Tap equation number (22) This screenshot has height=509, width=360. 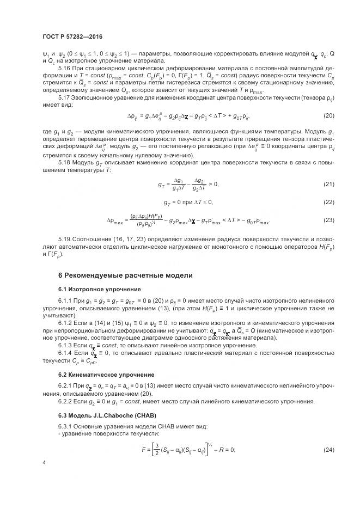tap(328, 202)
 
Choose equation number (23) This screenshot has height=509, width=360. tap(328, 220)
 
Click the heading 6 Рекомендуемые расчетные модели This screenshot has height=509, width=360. tap(125, 275)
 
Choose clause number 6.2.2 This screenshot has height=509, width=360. tap(66, 402)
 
